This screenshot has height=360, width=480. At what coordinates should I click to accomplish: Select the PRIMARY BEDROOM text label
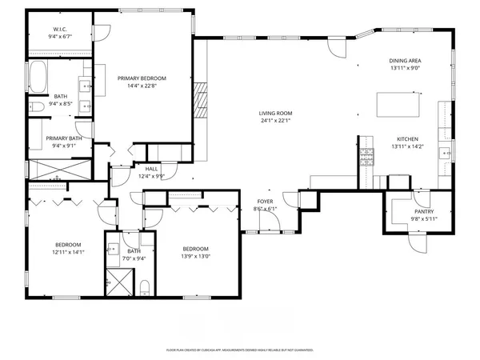[x=142, y=78]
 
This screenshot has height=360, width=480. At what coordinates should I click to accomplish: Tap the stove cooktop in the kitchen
[x=367, y=157]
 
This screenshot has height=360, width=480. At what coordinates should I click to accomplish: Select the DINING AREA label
[x=405, y=61]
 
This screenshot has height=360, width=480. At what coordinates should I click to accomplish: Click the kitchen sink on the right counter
[x=445, y=151]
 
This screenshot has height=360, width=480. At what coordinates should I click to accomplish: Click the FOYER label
[x=265, y=202]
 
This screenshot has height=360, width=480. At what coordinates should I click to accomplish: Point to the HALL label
[x=151, y=169]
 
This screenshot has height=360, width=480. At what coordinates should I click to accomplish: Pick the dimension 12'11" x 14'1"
[x=67, y=252]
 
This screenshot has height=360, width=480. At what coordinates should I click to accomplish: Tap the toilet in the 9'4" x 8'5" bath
[x=35, y=107]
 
